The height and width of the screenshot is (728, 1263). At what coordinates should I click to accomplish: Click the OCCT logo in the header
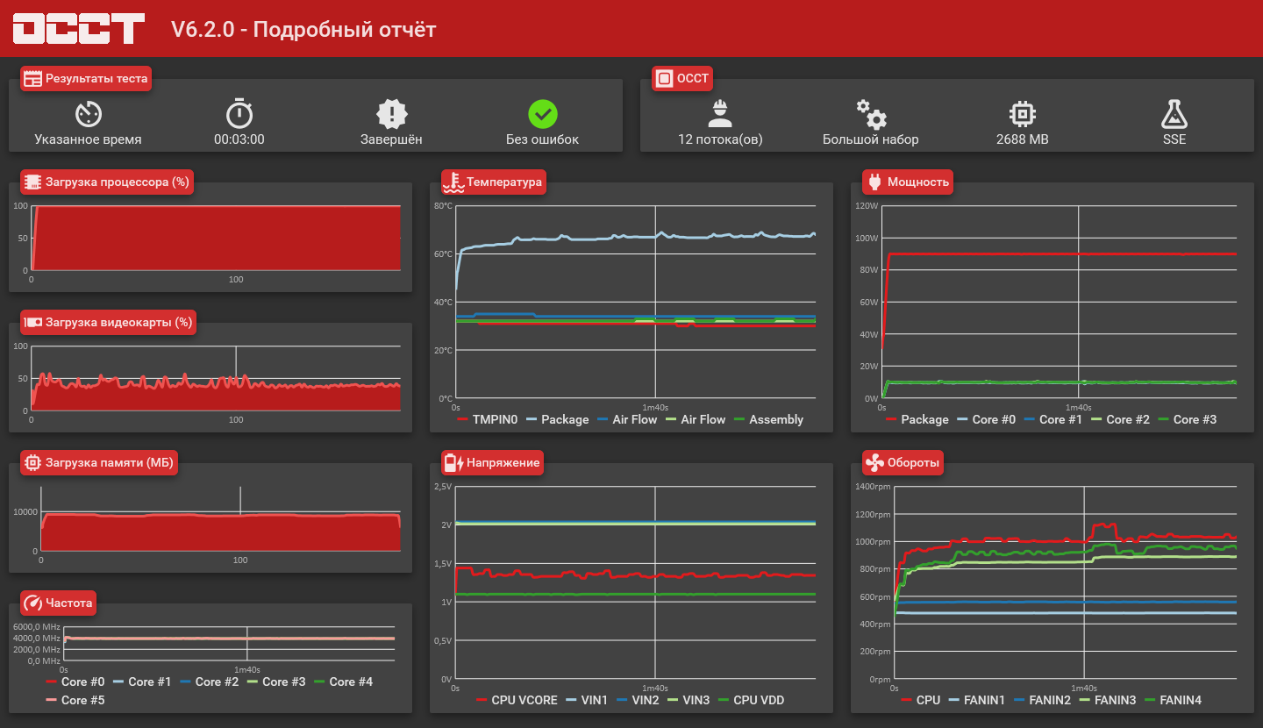(78, 29)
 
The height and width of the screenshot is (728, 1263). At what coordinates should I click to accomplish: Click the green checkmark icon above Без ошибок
(543, 114)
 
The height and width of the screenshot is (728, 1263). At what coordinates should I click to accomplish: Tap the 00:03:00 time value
(239, 139)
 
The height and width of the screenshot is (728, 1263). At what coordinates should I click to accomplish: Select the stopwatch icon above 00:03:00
(239, 114)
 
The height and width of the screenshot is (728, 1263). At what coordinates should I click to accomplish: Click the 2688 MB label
(1022, 139)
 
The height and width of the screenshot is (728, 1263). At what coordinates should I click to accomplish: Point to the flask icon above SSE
(1174, 114)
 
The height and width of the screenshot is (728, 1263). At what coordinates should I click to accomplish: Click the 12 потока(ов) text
(720, 139)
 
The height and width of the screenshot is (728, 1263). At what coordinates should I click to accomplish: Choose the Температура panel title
(504, 182)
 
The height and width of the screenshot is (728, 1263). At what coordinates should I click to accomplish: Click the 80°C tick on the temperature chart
(443, 206)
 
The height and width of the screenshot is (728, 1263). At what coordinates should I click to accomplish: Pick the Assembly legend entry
(776, 419)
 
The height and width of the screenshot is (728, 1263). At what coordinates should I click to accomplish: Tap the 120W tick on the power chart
(867, 206)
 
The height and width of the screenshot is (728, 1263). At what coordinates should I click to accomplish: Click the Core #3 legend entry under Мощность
(1195, 419)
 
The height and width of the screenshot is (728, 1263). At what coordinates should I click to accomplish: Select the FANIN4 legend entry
(1181, 700)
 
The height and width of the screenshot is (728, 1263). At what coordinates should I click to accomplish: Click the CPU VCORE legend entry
(524, 700)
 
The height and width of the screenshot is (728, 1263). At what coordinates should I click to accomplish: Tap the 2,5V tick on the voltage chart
(443, 487)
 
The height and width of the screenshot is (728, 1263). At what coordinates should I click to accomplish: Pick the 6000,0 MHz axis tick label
(37, 627)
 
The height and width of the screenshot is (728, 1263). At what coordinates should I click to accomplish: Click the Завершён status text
(391, 139)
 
